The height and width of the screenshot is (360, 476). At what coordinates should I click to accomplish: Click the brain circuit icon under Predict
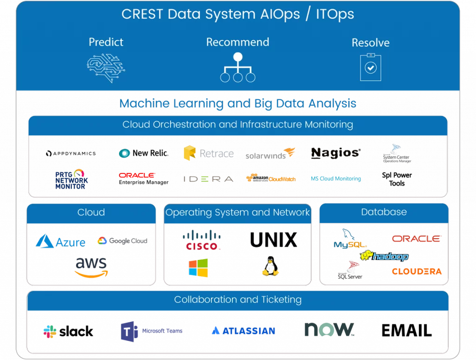106,67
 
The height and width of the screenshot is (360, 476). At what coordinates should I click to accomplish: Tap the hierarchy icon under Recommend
238,68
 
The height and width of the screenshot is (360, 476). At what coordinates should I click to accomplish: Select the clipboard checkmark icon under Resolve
370,67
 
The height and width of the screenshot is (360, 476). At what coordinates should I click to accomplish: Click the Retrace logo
208,153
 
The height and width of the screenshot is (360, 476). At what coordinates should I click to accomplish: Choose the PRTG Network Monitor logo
71,180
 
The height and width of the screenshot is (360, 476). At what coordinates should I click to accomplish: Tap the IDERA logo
208,179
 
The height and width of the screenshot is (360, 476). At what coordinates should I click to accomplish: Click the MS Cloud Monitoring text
336,179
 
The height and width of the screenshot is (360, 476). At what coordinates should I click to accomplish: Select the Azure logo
60,241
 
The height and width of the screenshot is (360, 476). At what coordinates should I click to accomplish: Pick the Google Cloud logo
122,241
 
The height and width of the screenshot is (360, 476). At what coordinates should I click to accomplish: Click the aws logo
91,267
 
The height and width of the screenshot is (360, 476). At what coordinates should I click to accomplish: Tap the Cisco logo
202,240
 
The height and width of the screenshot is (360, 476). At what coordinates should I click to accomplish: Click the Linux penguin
270,267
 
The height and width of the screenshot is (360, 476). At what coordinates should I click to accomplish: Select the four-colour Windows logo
198,268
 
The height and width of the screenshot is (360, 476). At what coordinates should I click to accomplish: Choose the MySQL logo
350,239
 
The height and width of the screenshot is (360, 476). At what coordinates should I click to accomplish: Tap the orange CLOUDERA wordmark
416,271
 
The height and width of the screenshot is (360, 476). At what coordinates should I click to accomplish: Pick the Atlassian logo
243,330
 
